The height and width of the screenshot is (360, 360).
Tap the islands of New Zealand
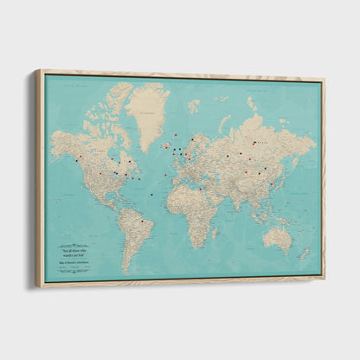(304, 253)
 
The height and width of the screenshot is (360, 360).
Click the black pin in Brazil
(142, 221)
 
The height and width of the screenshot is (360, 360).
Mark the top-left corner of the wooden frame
(36, 71)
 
